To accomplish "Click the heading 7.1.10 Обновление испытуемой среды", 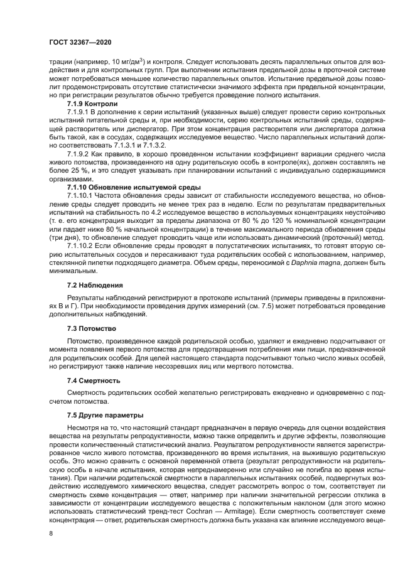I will coord(125,188).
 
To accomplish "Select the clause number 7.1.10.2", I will coord(82,247).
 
